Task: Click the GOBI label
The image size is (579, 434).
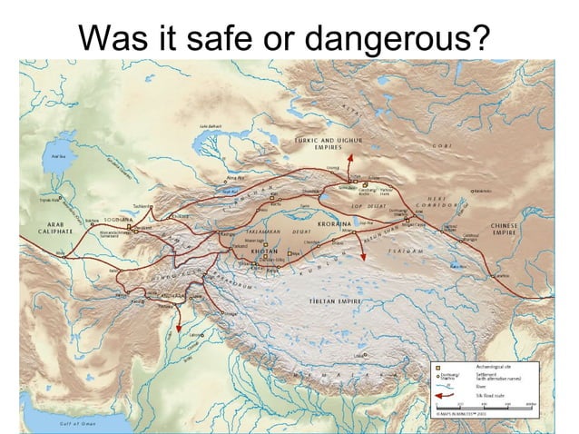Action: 442,145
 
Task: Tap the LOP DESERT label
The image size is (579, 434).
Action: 366,206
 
